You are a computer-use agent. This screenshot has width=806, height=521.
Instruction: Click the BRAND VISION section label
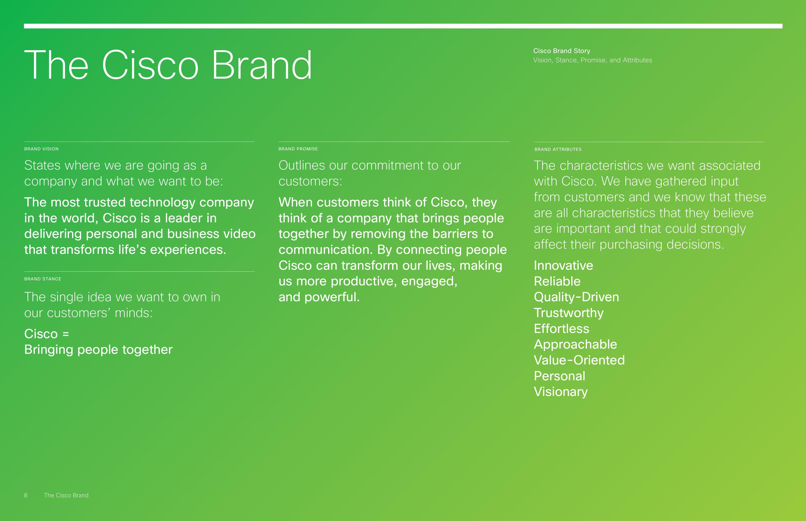41,149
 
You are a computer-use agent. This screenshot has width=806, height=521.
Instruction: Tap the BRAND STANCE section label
43,279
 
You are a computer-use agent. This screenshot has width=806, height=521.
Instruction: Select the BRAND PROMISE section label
298,149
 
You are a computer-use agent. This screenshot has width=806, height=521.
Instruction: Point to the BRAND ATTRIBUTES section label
558,149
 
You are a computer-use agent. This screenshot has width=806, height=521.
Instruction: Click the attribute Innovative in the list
563,265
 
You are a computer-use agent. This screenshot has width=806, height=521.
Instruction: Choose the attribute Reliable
557,281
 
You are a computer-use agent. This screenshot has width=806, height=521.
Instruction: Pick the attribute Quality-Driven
576,297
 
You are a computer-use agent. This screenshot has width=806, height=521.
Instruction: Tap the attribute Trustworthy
569,313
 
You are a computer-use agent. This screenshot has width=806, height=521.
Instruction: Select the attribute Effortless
562,328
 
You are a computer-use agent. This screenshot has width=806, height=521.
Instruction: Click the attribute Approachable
575,344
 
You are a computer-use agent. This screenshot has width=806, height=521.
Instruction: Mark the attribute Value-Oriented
579,360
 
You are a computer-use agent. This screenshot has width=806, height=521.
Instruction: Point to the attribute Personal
559,376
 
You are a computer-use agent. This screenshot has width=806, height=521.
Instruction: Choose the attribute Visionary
561,392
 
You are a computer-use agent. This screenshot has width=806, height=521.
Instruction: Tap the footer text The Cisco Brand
66,495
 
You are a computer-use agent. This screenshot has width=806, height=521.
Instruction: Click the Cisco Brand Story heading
562,51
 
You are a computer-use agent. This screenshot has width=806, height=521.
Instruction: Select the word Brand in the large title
262,65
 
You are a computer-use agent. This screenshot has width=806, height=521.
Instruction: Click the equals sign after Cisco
66,334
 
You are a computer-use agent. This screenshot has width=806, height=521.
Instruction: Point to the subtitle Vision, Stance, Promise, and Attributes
593,60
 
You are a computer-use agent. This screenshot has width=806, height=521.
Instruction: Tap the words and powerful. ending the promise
319,297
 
